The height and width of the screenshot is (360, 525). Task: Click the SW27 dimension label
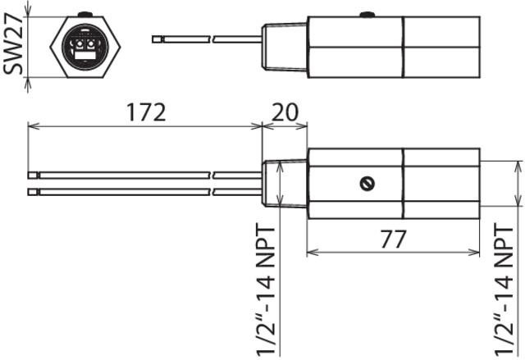13,44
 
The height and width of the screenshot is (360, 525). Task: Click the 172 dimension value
146,112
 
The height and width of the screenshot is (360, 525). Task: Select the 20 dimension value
285,112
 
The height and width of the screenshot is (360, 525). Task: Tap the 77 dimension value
394,239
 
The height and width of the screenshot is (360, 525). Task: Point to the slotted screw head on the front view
367,184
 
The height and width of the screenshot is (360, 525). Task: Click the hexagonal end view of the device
85,47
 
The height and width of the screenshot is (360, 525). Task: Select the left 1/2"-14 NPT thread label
266,290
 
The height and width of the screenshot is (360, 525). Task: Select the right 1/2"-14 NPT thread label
504,290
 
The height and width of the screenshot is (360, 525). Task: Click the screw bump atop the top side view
367,15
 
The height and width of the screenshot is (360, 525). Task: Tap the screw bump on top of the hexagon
85,14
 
